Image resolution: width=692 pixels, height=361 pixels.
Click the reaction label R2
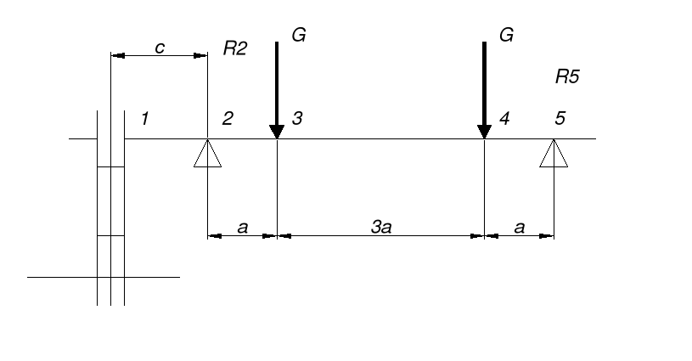[234, 49]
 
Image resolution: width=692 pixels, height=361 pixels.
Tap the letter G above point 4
[507, 36]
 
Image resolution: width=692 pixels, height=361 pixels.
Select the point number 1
[145, 119]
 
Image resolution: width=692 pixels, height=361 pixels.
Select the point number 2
[227, 119]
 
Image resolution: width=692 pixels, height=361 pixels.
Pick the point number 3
[297, 119]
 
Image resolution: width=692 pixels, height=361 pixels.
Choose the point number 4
[504, 119]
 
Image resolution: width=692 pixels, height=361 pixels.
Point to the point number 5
[560, 119]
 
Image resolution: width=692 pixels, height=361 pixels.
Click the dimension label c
[159, 48]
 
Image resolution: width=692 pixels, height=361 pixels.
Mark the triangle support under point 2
[207, 154]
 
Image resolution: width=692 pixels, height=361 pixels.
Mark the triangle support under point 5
[554, 154]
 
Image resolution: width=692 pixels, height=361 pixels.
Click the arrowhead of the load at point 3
[277, 132]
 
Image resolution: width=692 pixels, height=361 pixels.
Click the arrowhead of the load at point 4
[484, 132]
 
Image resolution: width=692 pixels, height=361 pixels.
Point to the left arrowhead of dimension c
[118, 56]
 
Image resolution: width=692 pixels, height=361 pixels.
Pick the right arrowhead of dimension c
[201, 56]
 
